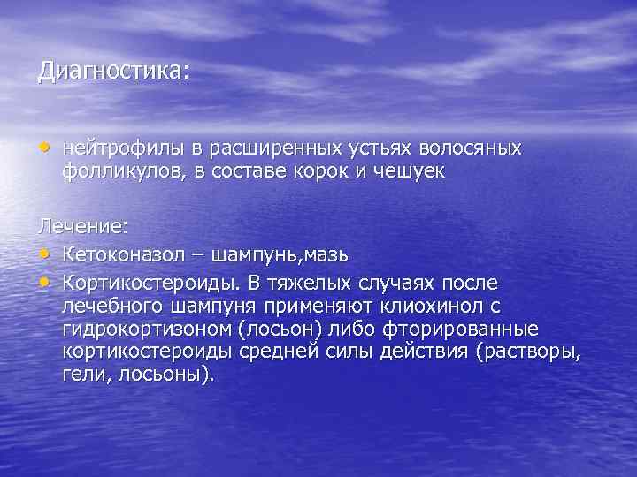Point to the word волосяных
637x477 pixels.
[478, 148]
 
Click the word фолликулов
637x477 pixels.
[119, 170]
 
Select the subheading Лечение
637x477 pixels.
[81, 227]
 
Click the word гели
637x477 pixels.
[85, 375]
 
